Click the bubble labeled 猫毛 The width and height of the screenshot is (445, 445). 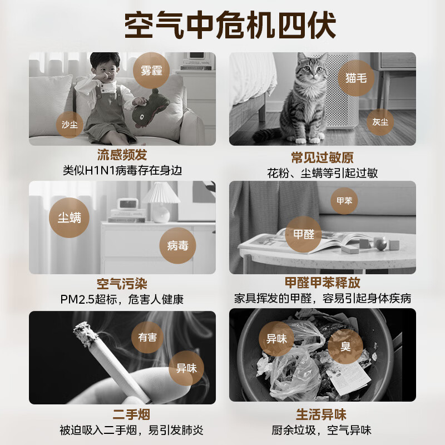pyautogui.click(x=356, y=78)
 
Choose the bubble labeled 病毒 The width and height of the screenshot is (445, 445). pyautogui.click(x=177, y=245)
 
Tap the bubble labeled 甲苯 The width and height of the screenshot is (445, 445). pyautogui.click(x=344, y=201)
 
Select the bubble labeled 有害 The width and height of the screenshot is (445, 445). pyautogui.click(x=147, y=337)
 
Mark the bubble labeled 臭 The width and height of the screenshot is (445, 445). pyautogui.click(x=345, y=347)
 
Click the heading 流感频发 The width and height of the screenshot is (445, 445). pyautogui.click(x=122, y=155)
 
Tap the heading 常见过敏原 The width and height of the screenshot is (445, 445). pyautogui.click(x=322, y=157)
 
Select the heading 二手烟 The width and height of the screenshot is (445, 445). pyautogui.click(x=122, y=414)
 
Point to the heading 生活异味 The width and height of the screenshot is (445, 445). pyautogui.click(x=322, y=414)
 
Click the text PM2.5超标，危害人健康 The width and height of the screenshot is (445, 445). pyautogui.click(x=122, y=299)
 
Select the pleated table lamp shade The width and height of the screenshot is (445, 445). pyautogui.click(x=161, y=194)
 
